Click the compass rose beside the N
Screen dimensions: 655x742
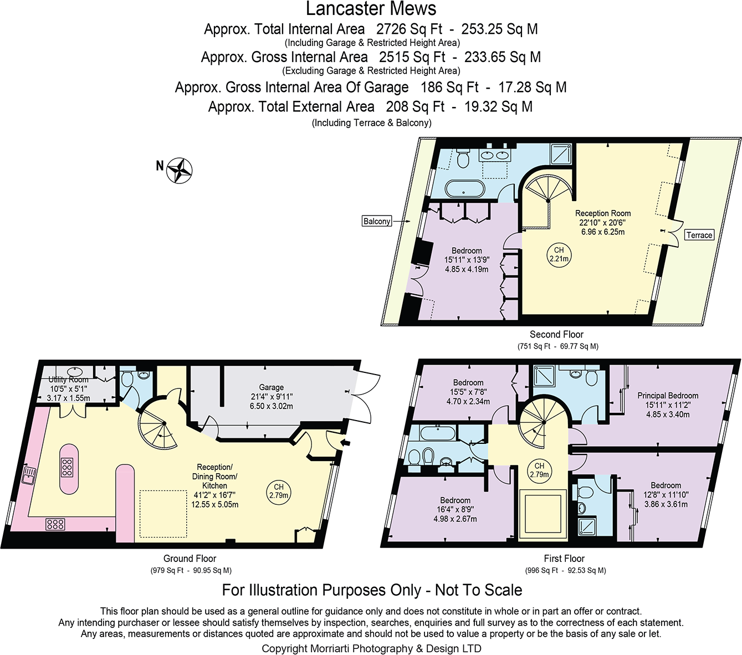180,170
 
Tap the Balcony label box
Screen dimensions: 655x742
377,221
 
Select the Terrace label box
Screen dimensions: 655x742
699,235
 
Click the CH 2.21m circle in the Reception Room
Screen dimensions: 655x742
559,254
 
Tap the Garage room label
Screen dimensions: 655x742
271,387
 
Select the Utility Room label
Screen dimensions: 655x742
68,380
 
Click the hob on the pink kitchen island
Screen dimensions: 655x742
67,468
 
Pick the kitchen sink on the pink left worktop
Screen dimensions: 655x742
28,475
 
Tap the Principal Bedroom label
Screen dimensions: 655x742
667,396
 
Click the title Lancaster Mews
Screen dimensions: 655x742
371,9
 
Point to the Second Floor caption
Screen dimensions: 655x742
556,334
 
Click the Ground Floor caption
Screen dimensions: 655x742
190,559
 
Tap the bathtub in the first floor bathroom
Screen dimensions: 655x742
438,433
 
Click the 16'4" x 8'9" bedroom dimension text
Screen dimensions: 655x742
455,510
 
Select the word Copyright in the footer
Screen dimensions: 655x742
284,648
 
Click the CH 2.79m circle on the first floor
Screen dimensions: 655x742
539,470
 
